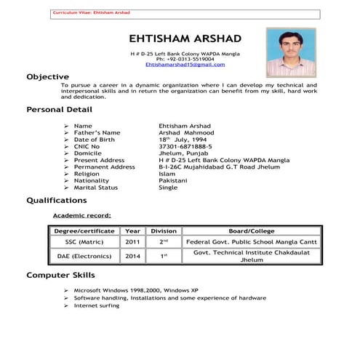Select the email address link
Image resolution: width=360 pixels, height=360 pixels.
tap(180, 65)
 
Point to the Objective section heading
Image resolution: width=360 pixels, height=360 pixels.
tap(47, 76)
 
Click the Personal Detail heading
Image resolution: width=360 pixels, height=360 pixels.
tap(59, 109)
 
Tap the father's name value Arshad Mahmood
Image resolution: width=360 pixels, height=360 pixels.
tap(186, 133)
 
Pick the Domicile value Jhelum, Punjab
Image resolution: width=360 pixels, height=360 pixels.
tap(184, 153)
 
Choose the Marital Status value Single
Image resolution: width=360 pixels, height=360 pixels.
tap(168, 187)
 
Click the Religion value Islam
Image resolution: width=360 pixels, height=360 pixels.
tap(167, 174)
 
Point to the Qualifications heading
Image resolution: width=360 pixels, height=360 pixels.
tap(56, 200)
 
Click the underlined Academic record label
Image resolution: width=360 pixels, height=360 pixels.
tap(82, 216)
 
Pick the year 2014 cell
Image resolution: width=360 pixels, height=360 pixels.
tap(132, 256)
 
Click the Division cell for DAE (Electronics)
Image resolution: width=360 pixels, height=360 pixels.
tap(164, 256)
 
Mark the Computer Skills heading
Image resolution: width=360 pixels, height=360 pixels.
tap(61, 276)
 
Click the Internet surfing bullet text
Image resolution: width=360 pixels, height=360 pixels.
tap(97, 305)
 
